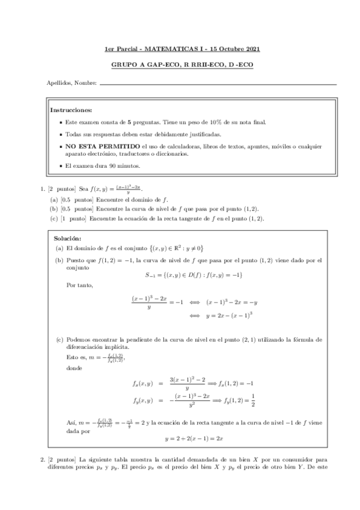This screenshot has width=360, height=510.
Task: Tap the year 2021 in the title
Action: pyautogui.click(x=252, y=49)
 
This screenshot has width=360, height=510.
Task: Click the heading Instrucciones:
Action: pyautogui.click(x=71, y=110)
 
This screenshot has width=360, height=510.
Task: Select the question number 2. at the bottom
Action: pyautogui.click(x=42, y=461)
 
